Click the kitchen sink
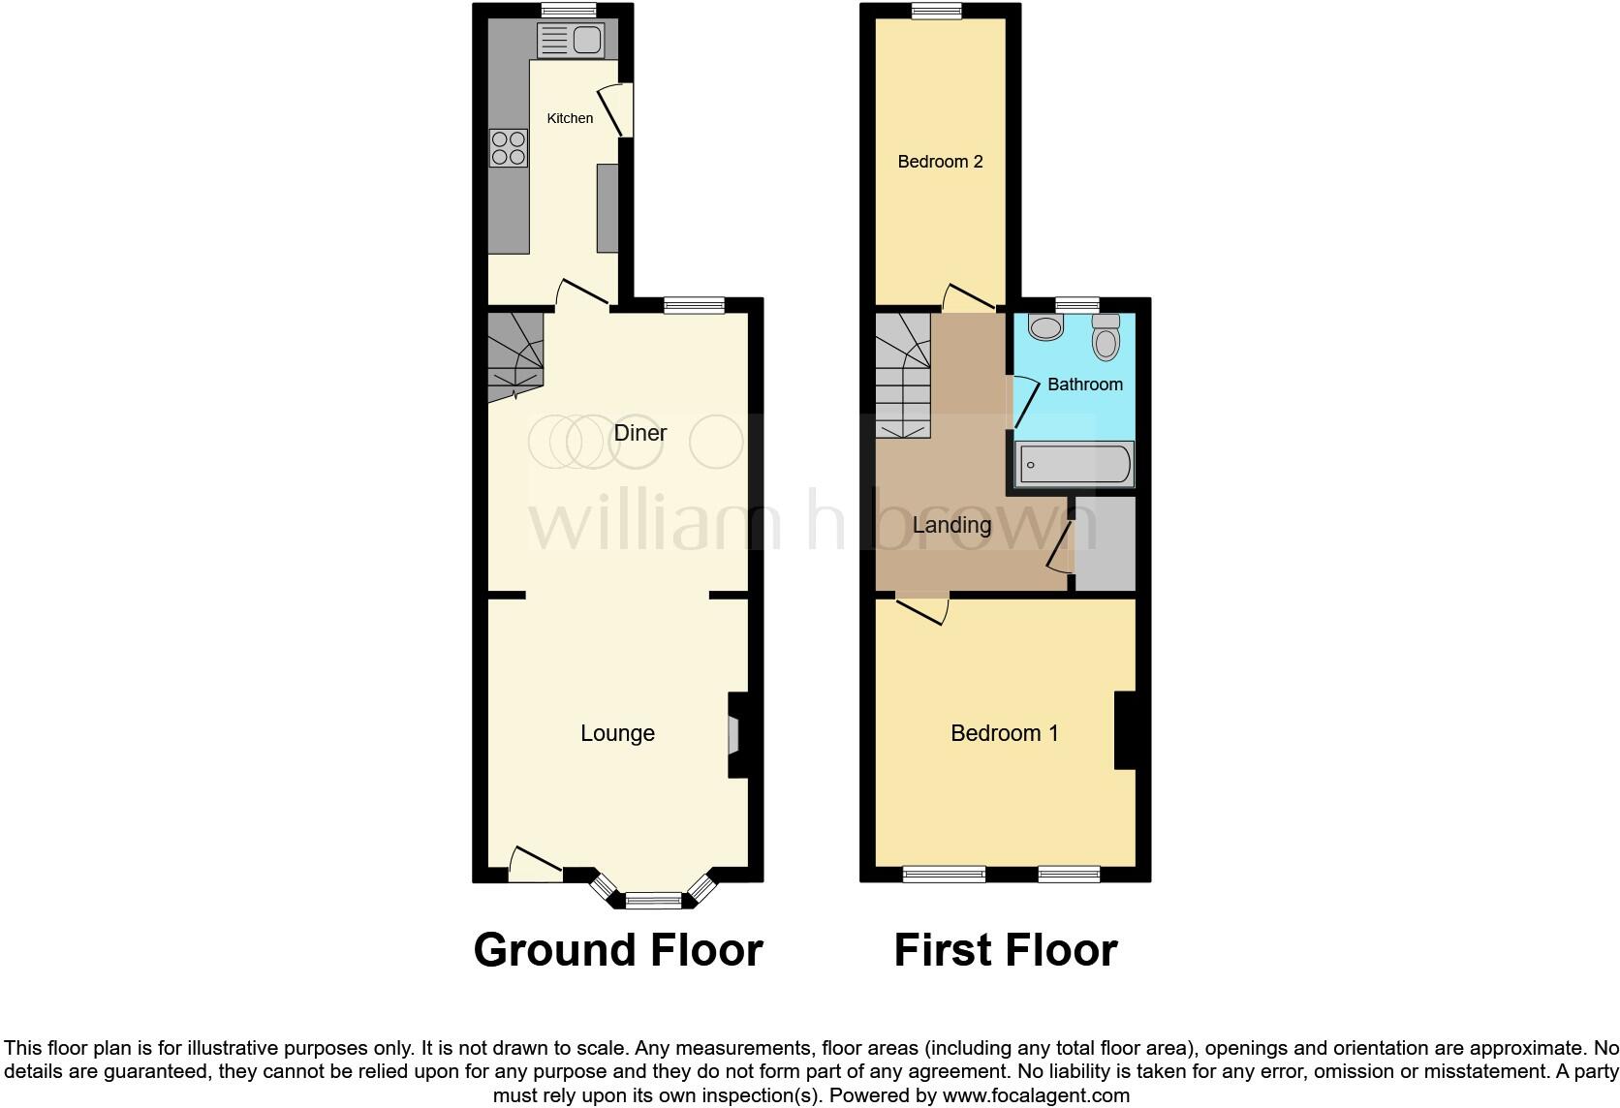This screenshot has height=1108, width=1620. point(571,41)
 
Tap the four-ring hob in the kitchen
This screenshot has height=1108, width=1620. point(509,148)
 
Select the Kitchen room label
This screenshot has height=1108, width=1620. point(570,118)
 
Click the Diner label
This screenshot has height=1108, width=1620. point(640,433)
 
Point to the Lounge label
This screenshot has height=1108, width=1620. point(617,733)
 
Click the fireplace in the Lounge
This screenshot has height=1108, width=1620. point(733,734)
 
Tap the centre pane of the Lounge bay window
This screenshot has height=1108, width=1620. point(654,900)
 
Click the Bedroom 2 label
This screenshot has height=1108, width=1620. point(940,162)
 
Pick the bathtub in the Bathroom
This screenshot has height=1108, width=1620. point(1074,464)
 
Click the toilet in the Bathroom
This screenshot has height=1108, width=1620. point(1106,337)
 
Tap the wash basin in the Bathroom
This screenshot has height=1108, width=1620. point(1045,326)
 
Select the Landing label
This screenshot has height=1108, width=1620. point(951,525)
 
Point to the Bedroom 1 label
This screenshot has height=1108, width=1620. point(1004,733)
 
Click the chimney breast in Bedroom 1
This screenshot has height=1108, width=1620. point(1125,729)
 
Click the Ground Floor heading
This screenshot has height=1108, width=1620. point(617,950)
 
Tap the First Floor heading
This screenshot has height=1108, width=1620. point(1005,950)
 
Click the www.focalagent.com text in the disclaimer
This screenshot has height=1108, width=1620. point(1036,1096)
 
